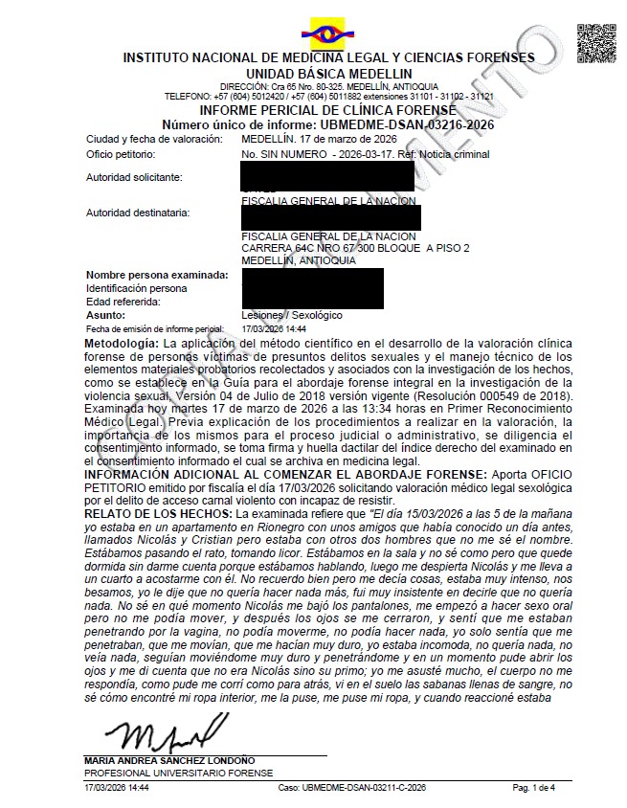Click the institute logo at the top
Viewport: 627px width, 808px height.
(x=328, y=34)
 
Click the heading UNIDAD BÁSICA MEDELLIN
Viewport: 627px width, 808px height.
(x=315, y=73)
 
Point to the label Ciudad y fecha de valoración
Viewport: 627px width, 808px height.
(x=151, y=139)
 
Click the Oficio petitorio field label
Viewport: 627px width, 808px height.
(x=121, y=153)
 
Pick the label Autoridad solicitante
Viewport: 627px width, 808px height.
(x=134, y=177)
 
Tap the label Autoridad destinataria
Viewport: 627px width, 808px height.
(x=137, y=212)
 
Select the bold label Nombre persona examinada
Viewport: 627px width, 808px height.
(x=157, y=275)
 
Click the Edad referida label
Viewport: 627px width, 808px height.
(x=122, y=301)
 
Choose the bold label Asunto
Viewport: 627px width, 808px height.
(x=105, y=314)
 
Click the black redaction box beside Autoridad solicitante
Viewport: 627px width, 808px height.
(x=327, y=177)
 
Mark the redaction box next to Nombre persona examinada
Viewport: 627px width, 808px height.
(x=312, y=287)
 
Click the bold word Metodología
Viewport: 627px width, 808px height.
(x=122, y=342)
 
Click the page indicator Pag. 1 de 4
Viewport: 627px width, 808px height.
(x=534, y=787)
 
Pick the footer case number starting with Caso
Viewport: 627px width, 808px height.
(x=351, y=787)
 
